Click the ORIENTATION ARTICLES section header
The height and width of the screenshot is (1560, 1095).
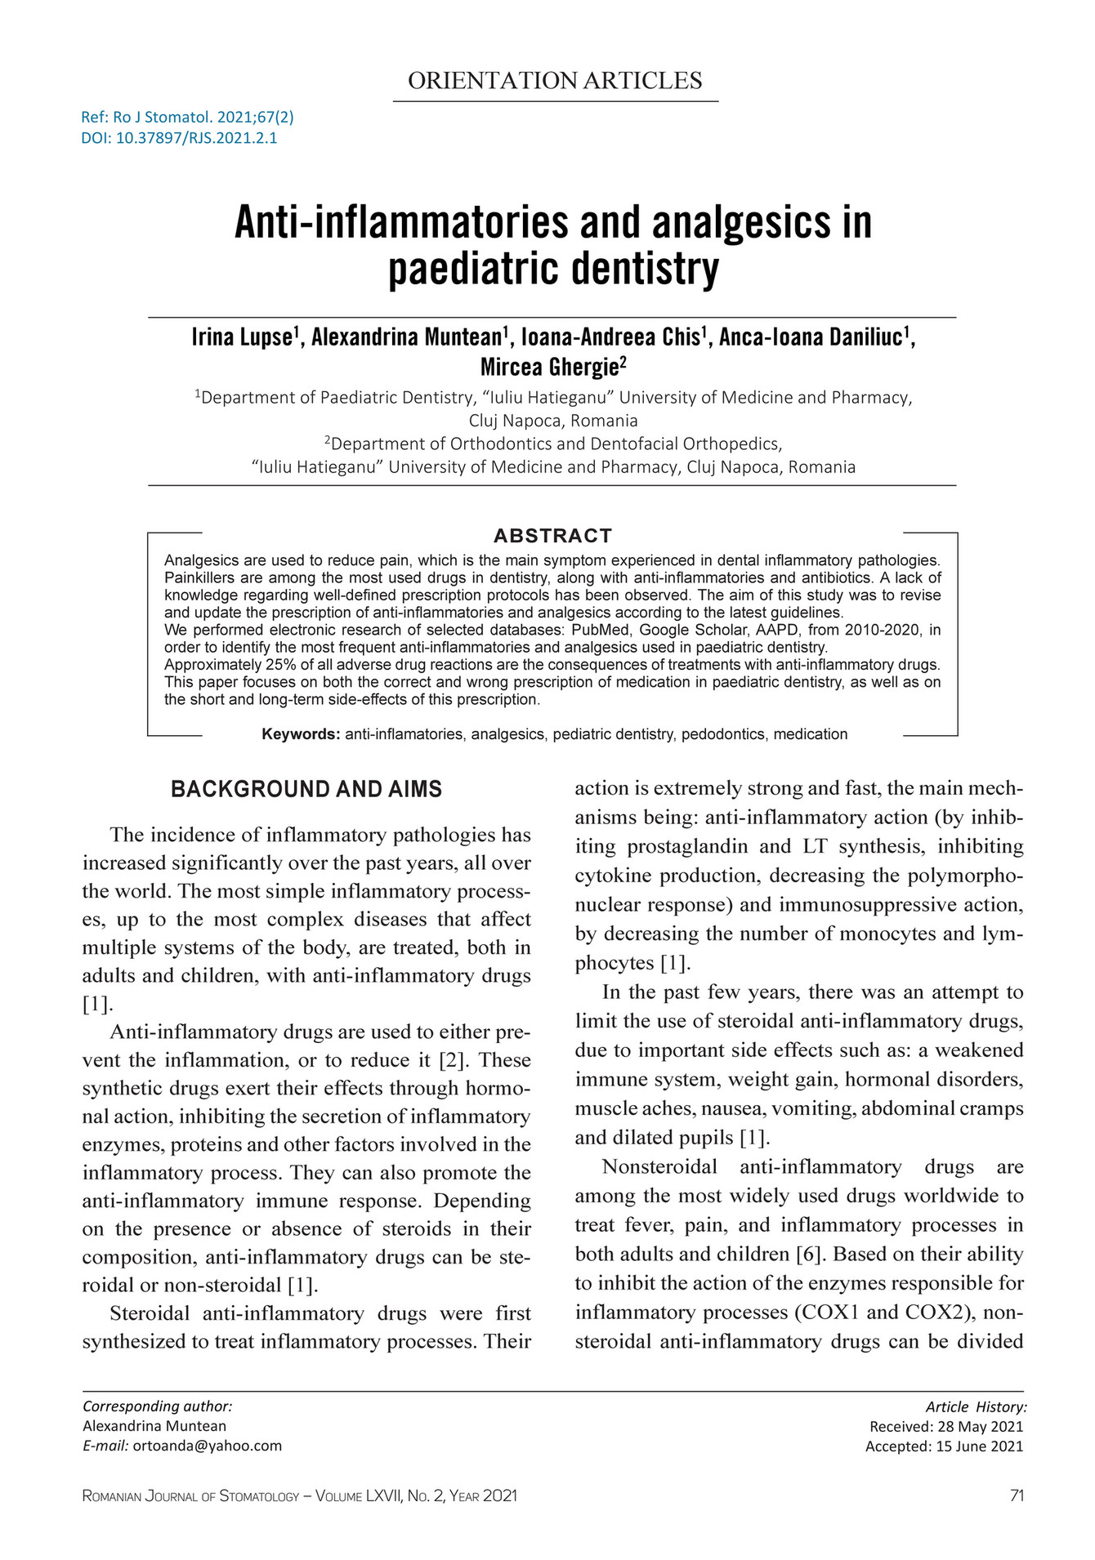click(555, 80)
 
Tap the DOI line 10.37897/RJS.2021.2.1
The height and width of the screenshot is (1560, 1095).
click(179, 137)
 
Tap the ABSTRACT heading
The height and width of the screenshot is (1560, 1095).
click(552, 536)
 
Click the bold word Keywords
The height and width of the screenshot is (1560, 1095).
click(300, 733)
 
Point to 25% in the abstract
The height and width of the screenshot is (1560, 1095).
click(279, 664)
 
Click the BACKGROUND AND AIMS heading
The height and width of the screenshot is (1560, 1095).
click(306, 789)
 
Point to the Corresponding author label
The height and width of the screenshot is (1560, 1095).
click(158, 1406)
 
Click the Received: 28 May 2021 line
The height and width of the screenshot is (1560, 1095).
click(945, 1426)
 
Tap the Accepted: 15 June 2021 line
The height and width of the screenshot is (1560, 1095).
click(944, 1446)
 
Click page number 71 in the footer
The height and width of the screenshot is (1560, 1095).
click(1017, 1495)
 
